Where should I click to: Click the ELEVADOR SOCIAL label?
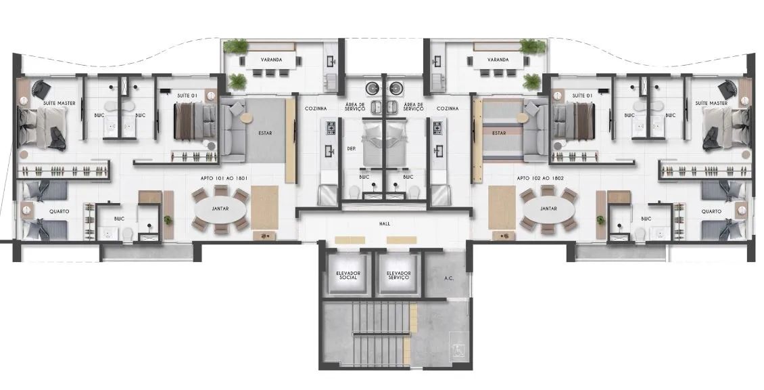[x=348, y=276]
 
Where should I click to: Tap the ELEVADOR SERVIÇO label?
[x=398, y=276]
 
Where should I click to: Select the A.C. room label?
[x=449, y=279]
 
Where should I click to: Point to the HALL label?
[x=385, y=224]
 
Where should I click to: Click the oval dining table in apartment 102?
[x=548, y=209]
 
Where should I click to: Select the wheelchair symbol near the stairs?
[x=458, y=350]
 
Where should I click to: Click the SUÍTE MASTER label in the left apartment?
[x=59, y=104]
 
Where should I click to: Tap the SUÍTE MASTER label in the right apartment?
[x=711, y=104]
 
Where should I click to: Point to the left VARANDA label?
[x=271, y=60]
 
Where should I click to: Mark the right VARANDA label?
[x=498, y=60]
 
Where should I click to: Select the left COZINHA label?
[x=316, y=109]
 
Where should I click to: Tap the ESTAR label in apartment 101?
[x=266, y=133]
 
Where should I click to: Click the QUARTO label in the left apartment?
[x=59, y=212]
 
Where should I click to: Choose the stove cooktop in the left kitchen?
[x=331, y=129]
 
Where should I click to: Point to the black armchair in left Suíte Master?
[x=41, y=89]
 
